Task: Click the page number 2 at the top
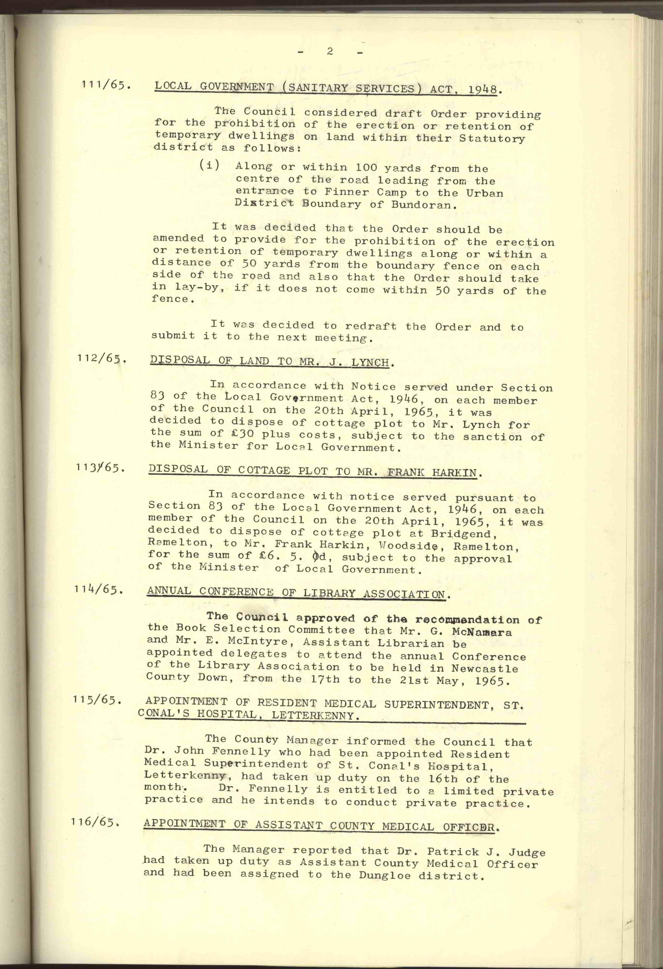pyautogui.click(x=330, y=52)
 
